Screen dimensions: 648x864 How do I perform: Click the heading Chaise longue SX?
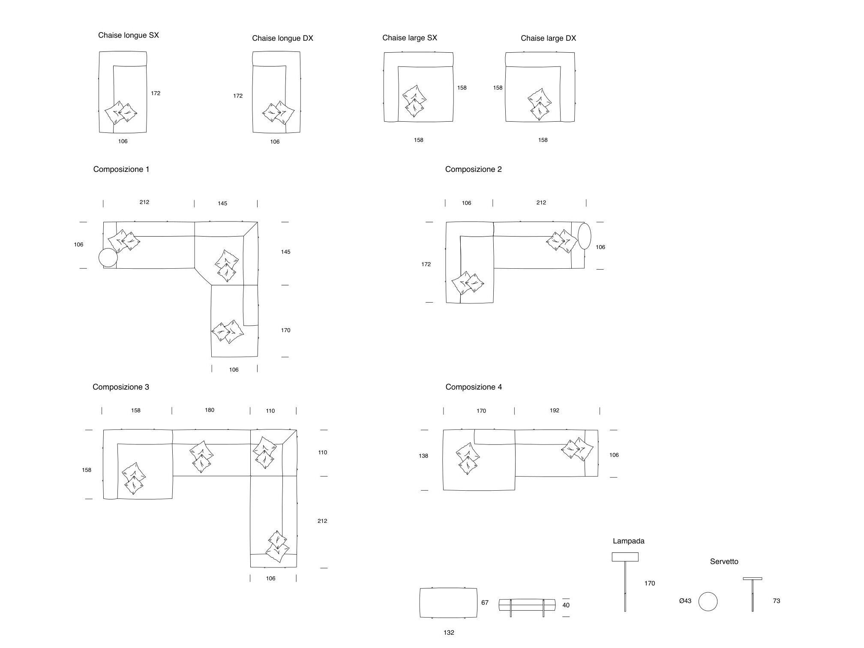click(x=128, y=35)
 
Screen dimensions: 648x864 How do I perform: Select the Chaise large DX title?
click(x=548, y=38)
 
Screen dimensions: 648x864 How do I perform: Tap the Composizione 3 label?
click(x=121, y=387)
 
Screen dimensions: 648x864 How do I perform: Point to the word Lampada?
click(x=628, y=541)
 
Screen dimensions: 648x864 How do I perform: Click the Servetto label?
click(x=724, y=561)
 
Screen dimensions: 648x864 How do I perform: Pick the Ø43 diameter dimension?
click(x=685, y=601)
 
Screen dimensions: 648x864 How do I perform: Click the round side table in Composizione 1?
click(x=108, y=258)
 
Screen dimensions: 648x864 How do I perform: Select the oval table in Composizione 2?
click(x=584, y=236)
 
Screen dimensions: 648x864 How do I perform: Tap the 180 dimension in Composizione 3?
click(x=209, y=410)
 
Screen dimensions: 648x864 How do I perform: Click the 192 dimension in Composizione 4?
click(x=554, y=411)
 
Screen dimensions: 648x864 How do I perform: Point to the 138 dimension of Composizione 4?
click(x=423, y=456)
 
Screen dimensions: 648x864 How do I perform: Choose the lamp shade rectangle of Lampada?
click(x=625, y=557)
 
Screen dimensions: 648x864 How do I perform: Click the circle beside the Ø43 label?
click(x=708, y=601)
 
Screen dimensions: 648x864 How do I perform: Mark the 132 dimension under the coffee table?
click(x=449, y=633)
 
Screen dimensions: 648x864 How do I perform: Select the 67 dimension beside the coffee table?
click(x=485, y=603)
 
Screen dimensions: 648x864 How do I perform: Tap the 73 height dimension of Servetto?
click(x=776, y=601)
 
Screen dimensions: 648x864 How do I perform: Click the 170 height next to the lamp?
click(x=649, y=583)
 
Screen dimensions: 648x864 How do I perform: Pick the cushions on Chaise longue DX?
click(x=278, y=113)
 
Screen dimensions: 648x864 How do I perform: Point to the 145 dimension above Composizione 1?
click(x=222, y=204)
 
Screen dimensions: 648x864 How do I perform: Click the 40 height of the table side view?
click(x=566, y=605)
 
